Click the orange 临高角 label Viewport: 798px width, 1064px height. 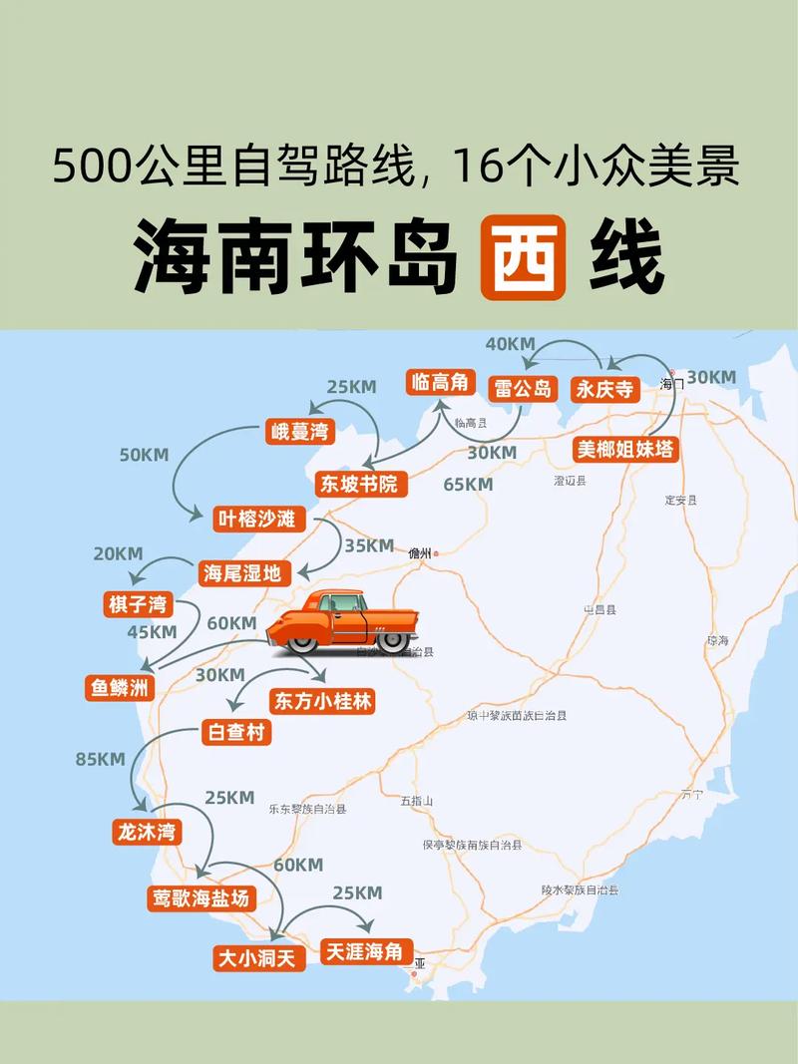(439, 382)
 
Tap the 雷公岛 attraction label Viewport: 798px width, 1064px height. (522, 388)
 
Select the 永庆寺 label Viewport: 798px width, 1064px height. (604, 389)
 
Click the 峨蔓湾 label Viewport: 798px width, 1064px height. (299, 432)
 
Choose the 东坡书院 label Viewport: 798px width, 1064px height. (357, 485)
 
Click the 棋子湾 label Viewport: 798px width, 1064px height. (139, 604)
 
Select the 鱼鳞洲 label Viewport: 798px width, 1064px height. (120, 686)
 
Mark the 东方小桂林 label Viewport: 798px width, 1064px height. (323, 701)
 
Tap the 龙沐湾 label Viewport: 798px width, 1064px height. (147, 831)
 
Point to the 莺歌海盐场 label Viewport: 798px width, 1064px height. (199, 897)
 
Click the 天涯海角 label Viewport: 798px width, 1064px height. (363, 951)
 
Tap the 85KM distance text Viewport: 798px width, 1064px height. (101, 759)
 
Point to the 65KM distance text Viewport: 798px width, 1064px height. (469, 485)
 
